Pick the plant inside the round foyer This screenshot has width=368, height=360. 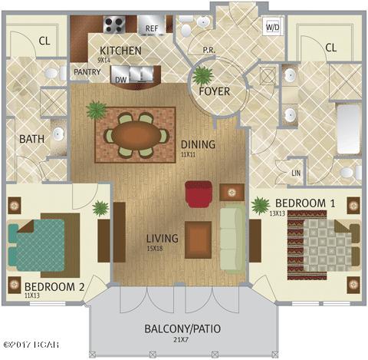point(203,76)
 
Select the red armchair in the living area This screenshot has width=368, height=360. point(199,193)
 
